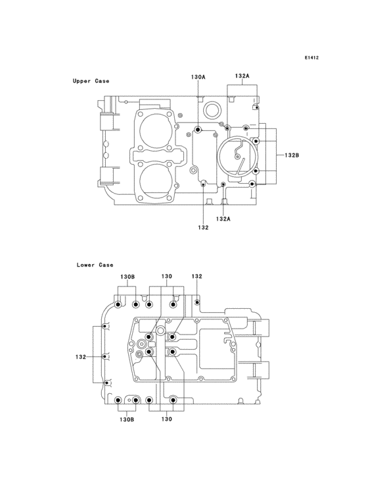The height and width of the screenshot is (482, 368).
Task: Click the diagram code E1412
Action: [x=311, y=57]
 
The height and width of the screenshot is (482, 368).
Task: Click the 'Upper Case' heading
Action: [x=91, y=81]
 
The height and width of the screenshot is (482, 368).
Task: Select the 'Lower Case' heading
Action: [x=95, y=265]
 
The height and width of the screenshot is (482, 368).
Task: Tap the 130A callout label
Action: [x=198, y=77]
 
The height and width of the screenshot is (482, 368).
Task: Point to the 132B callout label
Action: [x=292, y=155]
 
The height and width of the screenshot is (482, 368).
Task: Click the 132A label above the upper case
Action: [x=242, y=76]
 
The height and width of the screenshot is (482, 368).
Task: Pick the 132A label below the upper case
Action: [x=223, y=219]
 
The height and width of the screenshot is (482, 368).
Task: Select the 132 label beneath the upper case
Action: [x=203, y=227]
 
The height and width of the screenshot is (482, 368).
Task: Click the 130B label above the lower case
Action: [x=127, y=277]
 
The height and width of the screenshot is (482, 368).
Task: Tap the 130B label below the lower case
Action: [x=127, y=419]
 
